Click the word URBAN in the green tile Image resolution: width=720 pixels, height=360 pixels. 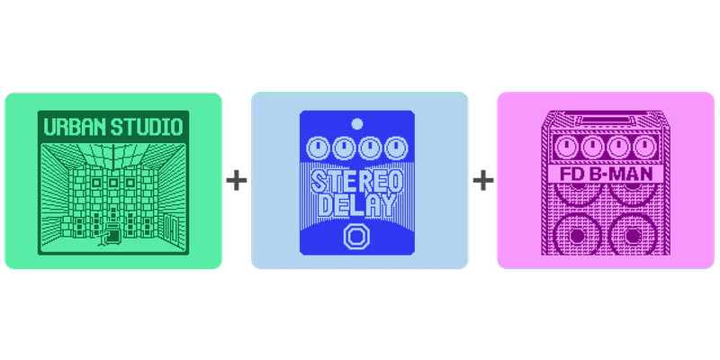coord(75,127)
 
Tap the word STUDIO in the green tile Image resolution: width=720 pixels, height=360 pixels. coord(147,127)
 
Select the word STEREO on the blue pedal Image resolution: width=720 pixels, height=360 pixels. coord(356,182)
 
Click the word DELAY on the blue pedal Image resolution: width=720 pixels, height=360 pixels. coord(356,205)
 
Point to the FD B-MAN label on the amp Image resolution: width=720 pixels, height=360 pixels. coord(606,175)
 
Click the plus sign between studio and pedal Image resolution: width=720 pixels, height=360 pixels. coord(237,181)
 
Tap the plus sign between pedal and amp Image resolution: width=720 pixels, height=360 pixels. coord(483,181)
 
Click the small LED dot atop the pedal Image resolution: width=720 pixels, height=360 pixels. coord(356,124)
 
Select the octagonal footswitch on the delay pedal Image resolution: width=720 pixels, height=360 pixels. coord(355,237)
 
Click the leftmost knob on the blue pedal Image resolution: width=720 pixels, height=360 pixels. coord(318,148)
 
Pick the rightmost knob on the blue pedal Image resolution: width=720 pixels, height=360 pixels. coord(396,148)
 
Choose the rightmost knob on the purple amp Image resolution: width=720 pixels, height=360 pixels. coord(644,148)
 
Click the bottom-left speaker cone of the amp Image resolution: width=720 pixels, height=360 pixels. coord(578,235)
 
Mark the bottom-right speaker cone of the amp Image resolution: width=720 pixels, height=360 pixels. coord(632,235)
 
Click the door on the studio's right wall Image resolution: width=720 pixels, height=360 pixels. coord(172,229)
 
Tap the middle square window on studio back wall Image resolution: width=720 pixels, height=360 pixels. coord(113,183)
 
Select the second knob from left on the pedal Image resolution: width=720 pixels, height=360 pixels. coord(344,148)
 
